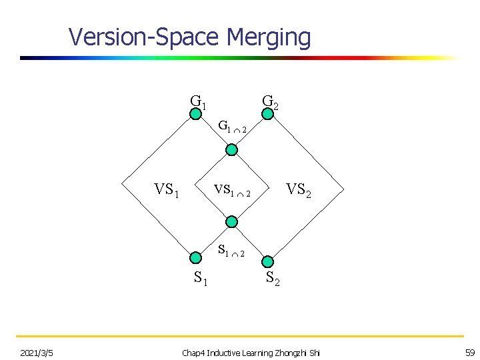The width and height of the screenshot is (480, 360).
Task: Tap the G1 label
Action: point(198,102)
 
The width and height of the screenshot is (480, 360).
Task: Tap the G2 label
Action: point(270,102)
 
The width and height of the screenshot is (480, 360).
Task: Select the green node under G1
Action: point(195,114)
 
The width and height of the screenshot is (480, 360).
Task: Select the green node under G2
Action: point(267,114)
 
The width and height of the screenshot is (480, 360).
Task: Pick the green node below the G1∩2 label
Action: point(231,150)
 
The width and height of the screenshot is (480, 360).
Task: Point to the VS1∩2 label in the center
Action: point(231,191)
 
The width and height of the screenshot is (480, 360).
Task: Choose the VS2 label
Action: point(299,191)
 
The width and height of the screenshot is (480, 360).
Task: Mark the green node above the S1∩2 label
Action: point(231,222)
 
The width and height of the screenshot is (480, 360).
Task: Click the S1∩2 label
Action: point(231,251)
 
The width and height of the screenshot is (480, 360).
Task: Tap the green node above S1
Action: point(195,258)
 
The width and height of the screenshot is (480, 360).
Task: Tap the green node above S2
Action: point(267,261)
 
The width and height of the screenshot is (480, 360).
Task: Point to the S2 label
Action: point(273,279)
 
